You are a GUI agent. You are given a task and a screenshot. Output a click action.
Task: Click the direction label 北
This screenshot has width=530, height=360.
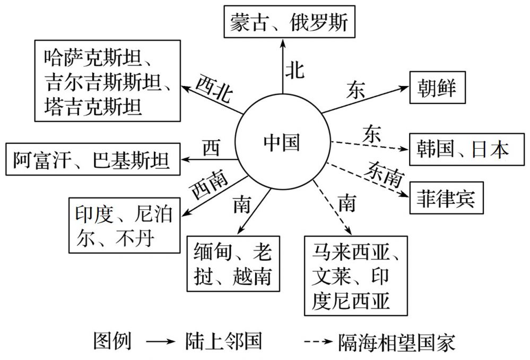tap(295, 70)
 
